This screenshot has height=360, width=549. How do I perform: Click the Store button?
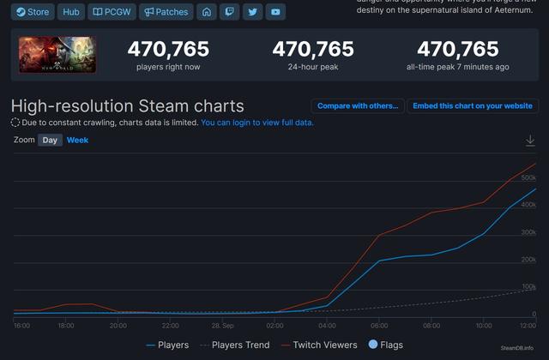pos(33,12)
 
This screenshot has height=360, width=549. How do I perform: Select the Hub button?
pos(71,12)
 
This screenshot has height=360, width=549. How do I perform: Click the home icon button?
pos(206,12)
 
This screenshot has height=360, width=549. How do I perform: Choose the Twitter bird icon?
pos(251,12)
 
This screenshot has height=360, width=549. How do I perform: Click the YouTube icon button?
pos(274,12)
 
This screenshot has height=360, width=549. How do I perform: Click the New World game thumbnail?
pos(57,54)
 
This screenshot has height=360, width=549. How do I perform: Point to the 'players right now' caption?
pos(168,67)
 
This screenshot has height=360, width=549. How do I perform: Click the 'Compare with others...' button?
pos(357,105)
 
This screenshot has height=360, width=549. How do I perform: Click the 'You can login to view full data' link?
pos(257,123)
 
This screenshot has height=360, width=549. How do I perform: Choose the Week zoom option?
pos(77,140)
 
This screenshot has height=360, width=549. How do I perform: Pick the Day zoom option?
pos(50,140)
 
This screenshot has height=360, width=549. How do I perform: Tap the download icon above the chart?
pos(530,141)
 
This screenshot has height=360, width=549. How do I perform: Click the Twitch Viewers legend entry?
pos(319,345)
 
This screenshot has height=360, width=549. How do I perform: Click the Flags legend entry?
pos(385,345)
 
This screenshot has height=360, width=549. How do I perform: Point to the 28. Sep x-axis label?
pos(223,327)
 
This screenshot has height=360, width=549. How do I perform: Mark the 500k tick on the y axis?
pos(528,177)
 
